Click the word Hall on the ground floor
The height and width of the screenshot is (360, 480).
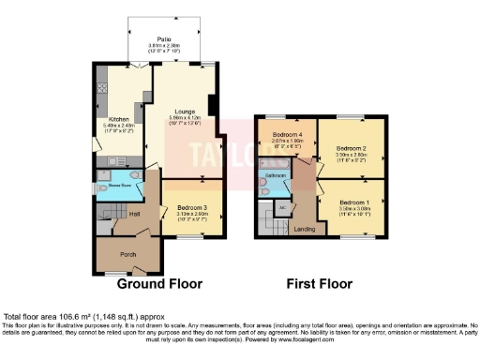click(135, 214)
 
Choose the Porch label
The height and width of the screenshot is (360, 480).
click(128, 253)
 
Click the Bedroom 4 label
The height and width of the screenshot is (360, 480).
click(285, 136)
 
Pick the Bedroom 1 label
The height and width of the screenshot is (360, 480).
click(353, 202)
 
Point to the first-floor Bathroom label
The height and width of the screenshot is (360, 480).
click(273, 174)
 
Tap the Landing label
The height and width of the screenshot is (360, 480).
click(304, 228)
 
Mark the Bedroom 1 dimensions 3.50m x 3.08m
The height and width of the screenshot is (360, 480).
click(353, 209)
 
